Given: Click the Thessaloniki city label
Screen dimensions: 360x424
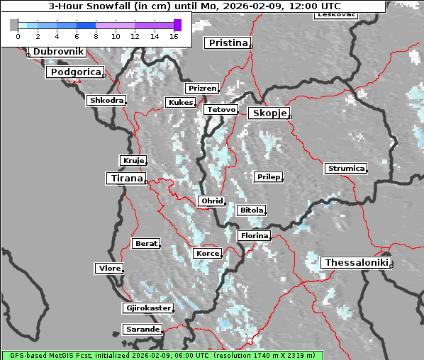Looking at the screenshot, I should pos(357,262).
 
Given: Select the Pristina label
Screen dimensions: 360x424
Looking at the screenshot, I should pos(227,43).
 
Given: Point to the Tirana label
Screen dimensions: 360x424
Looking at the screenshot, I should pos(125,179).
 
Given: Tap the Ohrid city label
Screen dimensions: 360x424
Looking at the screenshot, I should pos(211,201).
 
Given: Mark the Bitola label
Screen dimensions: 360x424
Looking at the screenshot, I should pos(252,210).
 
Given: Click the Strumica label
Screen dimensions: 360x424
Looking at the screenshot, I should pos(345,169).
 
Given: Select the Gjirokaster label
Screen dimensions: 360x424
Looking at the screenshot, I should pos(147,308).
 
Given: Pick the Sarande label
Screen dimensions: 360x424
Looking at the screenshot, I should pos(142,330).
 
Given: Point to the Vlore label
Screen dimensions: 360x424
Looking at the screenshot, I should pos(109,269).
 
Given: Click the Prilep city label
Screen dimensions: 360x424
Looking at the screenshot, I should pos(268,176).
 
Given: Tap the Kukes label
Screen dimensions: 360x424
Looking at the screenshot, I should pos(180,103).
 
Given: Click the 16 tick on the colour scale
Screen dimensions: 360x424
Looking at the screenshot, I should pos(173,35).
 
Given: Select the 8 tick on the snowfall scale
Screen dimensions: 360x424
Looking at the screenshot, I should pos(95,35).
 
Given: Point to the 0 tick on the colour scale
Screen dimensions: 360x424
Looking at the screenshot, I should pos(18,35).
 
